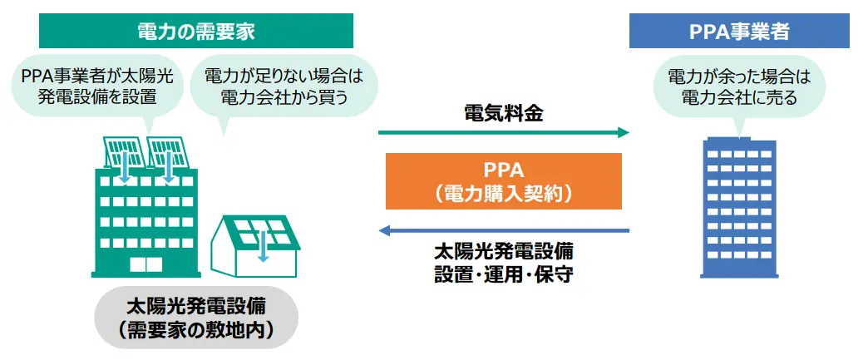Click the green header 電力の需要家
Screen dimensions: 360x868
(x=196, y=32)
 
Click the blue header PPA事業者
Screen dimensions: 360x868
(x=739, y=32)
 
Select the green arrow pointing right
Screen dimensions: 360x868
(x=503, y=132)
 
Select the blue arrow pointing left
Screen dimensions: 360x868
(x=503, y=230)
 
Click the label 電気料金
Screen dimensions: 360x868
(x=503, y=114)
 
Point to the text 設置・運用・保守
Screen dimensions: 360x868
(x=503, y=274)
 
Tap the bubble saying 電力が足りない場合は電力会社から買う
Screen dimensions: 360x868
(x=284, y=86)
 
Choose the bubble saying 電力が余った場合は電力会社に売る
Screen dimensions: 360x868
(x=739, y=87)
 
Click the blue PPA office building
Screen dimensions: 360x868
(x=739, y=208)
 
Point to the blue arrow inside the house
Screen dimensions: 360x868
(x=264, y=246)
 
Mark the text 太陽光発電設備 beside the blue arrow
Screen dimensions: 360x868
(x=503, y=250)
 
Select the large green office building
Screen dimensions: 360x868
(x=145, y=220)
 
